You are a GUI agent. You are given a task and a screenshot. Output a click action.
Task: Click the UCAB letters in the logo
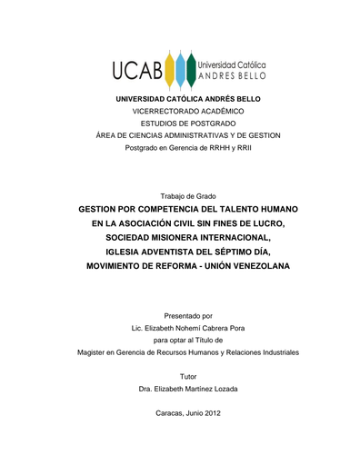(134, 70)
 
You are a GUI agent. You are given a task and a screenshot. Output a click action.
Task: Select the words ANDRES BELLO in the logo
(231, 76)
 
